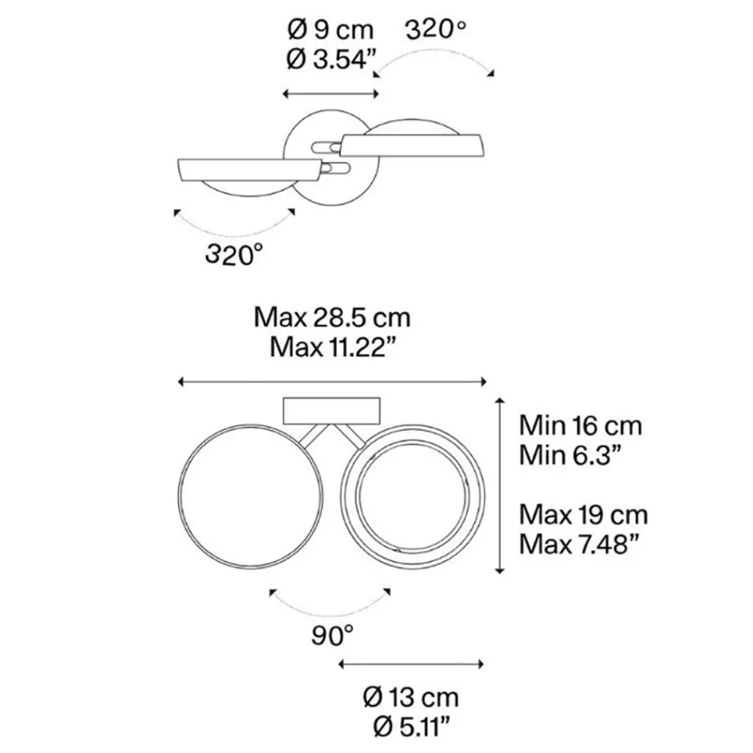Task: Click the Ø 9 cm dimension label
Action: tap(330, 29)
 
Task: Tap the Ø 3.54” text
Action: tap(331, 60)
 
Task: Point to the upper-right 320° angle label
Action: tap(435, 29)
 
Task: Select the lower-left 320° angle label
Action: tap(235, 254)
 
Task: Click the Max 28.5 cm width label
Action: tap(332, 318)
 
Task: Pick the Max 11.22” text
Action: tap(335, 347)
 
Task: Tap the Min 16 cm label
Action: tap(581, 426)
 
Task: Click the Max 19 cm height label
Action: tap(583, 515)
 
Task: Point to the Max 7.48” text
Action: tap(579, 544)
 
